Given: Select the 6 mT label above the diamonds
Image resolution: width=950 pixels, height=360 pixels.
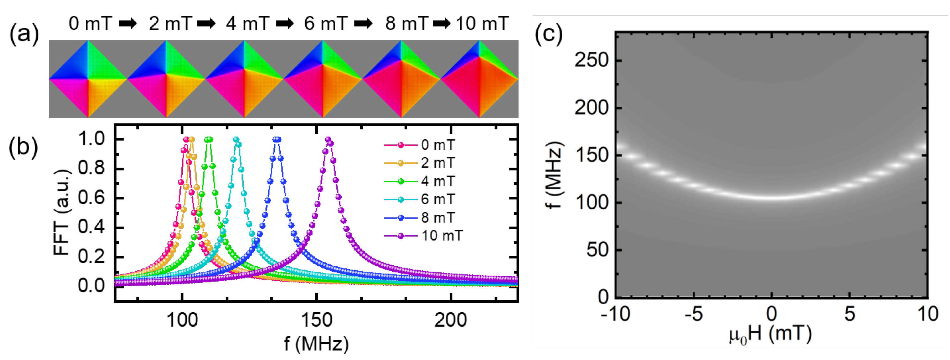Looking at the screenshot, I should (326, 24).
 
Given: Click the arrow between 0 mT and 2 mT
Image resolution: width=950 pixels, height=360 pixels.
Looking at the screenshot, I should (128, 24).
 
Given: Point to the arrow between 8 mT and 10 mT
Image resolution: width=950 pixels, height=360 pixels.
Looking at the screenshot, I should (442, 24).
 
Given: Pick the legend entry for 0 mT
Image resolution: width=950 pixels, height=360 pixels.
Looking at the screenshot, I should (438, 145).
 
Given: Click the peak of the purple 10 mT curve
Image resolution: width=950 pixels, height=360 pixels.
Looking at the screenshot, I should (328, 139).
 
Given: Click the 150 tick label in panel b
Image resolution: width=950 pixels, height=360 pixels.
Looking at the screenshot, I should (316, 320).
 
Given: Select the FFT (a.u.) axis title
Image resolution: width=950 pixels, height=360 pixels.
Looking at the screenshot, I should (62, 213).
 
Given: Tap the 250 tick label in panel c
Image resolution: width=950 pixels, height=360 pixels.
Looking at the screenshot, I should (591, 60).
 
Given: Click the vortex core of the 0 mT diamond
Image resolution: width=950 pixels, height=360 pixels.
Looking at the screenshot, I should (88, 79).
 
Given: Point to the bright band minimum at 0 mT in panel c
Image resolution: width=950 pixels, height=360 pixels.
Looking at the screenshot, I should (771, 197).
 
